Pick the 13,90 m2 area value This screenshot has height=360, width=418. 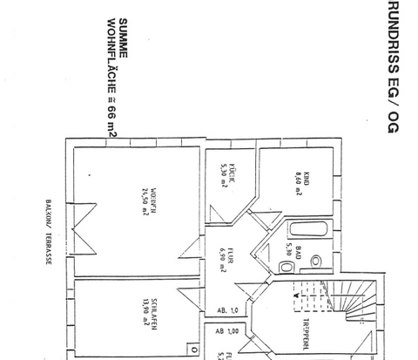[137, 311]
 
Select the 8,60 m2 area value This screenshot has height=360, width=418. [296, 185]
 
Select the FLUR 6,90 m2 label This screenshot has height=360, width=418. [228, 258]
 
